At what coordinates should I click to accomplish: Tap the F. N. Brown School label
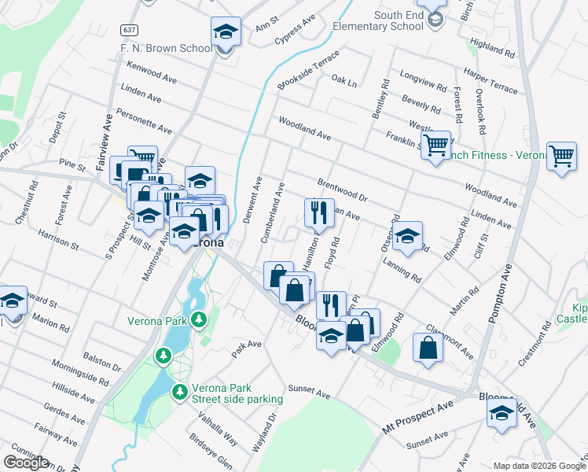[x=167, y=48]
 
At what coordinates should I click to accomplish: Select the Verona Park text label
[x=157, y=321]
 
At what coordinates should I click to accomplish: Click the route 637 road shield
[x=129, y=29]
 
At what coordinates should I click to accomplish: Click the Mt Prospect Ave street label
[x=418, y=417]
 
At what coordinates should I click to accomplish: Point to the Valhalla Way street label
[x=222, y=429]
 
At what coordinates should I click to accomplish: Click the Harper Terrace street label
[x=491, y=81]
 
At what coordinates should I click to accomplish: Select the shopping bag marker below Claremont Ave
[x=427, y=349]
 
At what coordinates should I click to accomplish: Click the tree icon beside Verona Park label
[x=200, y=319]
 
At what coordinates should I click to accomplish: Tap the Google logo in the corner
[x=27, y=463]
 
